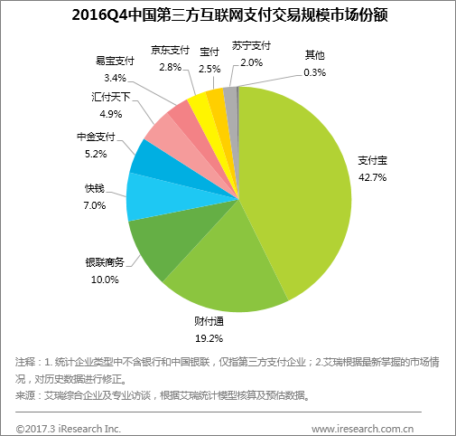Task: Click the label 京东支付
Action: (170, 50)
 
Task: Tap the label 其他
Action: (316, 54)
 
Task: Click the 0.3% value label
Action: (316, 71)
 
